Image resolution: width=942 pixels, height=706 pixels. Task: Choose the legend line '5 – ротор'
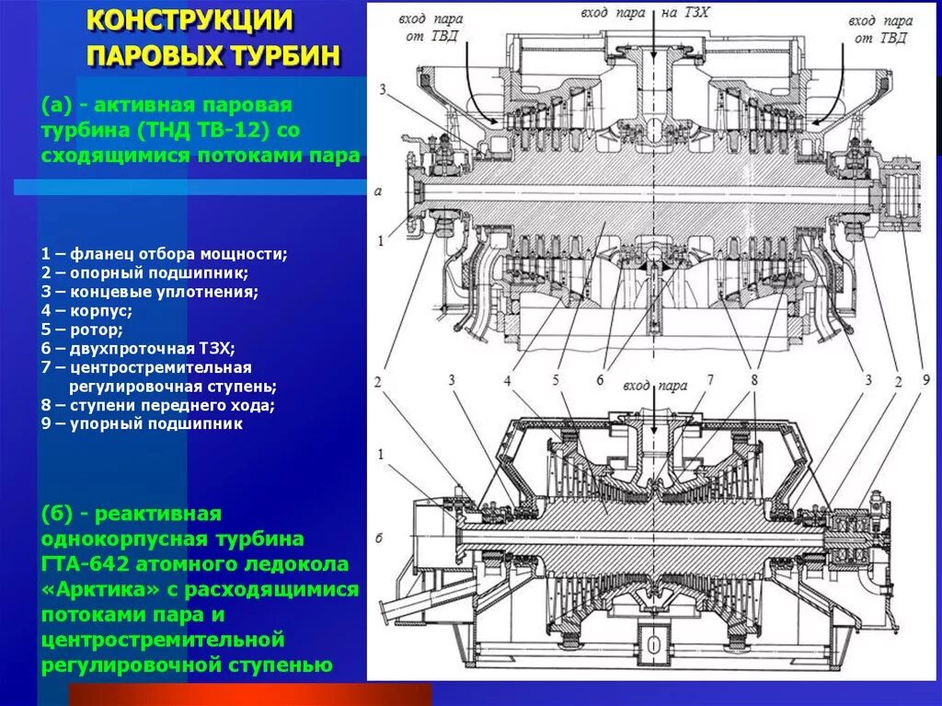pos(82,329)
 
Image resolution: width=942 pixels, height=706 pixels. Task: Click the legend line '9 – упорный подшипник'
pos(142,424)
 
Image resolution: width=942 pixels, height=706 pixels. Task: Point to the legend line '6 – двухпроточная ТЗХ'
pos(138,348)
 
